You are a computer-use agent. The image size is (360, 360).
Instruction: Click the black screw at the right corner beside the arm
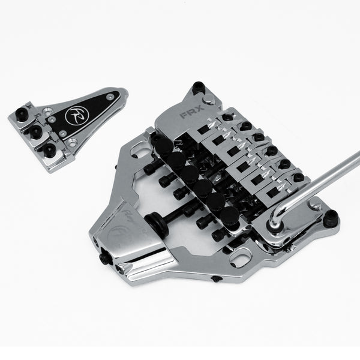pos(329,220)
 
